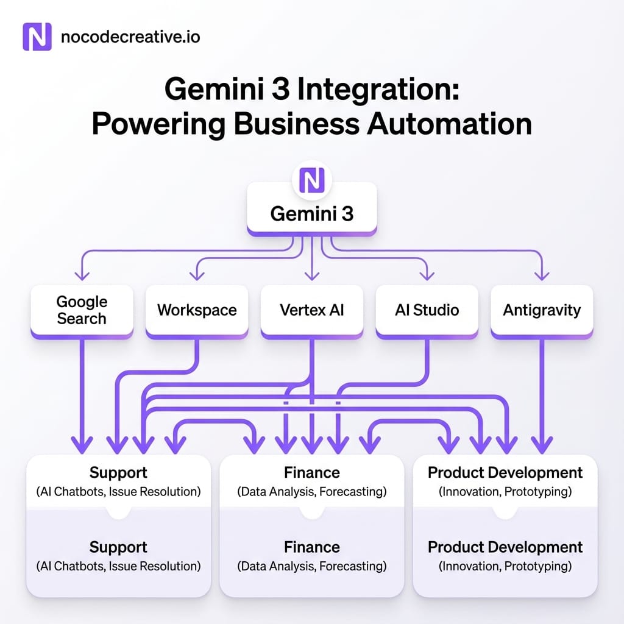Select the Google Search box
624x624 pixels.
point(82,310)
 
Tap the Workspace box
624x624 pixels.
point(197,310)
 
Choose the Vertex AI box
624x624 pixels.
point(312,310)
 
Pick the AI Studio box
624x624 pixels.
point(427,310)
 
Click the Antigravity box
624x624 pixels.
point(542,310)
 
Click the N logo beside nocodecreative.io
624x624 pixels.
point(37,37)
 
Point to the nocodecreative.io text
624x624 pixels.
point(130,38)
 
